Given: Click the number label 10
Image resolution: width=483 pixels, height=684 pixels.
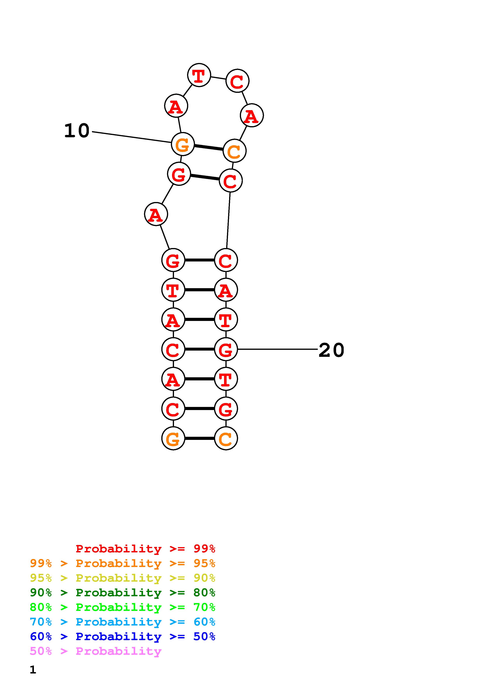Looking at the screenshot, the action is tap(77, 131).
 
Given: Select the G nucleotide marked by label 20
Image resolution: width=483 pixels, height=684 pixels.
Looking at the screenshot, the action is tap(226, 349).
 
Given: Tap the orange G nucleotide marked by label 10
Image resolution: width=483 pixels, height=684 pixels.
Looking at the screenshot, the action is tap(183, 144).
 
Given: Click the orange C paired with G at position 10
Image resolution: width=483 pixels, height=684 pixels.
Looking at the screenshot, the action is tap(235, 151).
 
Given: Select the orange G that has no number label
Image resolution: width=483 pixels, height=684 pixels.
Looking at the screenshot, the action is tap(173, 439).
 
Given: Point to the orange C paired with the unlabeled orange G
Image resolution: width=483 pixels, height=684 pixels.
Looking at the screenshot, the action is tap(226, 439).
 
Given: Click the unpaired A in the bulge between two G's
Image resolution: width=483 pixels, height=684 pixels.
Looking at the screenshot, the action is tap(156, 214).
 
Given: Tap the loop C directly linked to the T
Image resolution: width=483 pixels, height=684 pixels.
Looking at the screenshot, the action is tap(237, 81).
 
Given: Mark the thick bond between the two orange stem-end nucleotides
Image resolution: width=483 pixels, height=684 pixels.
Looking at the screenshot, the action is tap(199, 439).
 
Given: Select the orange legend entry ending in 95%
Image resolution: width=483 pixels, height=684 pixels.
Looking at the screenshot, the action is tap(123, 563).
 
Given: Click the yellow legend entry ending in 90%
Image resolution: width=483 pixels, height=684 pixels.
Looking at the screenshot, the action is tap(123, 578).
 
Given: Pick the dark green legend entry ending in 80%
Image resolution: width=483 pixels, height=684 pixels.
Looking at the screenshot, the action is tap(123, 593).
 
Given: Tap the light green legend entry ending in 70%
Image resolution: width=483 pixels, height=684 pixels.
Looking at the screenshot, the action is tap(123, 607).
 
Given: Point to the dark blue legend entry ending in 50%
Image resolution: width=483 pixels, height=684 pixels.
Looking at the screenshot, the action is tap(123, 636).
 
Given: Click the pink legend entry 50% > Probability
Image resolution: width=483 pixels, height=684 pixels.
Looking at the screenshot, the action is tap(95, 651).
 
